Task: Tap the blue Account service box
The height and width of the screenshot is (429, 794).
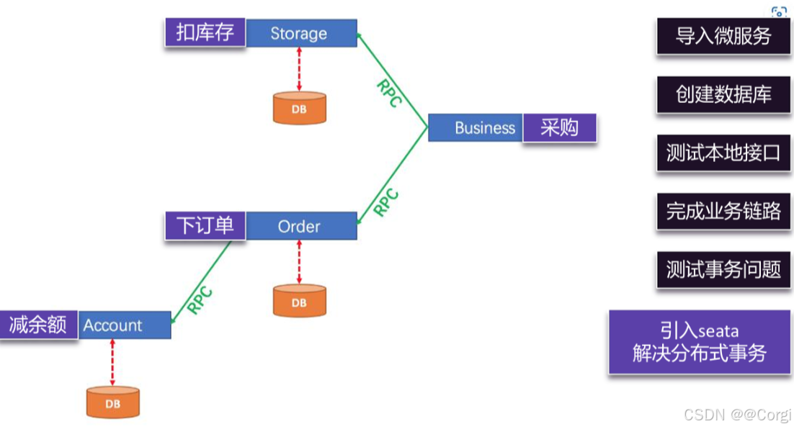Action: pos(124,325)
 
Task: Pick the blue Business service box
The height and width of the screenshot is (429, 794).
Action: pos(476,128)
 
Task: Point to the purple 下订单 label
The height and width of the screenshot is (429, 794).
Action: pos(205,225)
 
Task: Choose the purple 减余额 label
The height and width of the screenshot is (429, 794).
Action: pos(38,325)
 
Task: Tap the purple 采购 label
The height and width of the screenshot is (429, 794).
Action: pos(560,128)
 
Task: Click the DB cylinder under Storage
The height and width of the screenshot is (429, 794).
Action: pos(299,108)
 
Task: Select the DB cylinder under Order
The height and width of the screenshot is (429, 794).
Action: pos(299,301)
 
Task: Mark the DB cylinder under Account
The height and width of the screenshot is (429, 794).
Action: pos(113,402)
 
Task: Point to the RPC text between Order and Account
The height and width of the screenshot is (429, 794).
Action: pos(200,299)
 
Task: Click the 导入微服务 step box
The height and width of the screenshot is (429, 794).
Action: pos(723,36)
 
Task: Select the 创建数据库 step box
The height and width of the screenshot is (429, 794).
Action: pos(723,94)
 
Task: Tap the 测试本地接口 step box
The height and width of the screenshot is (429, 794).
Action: pos(723,153)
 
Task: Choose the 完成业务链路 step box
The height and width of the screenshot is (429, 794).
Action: pos(723,211)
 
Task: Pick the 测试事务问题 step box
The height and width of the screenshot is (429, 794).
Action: pos(723,269)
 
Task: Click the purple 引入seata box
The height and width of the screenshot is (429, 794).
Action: pos(699,342)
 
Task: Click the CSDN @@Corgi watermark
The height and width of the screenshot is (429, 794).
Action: pos(737,415)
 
